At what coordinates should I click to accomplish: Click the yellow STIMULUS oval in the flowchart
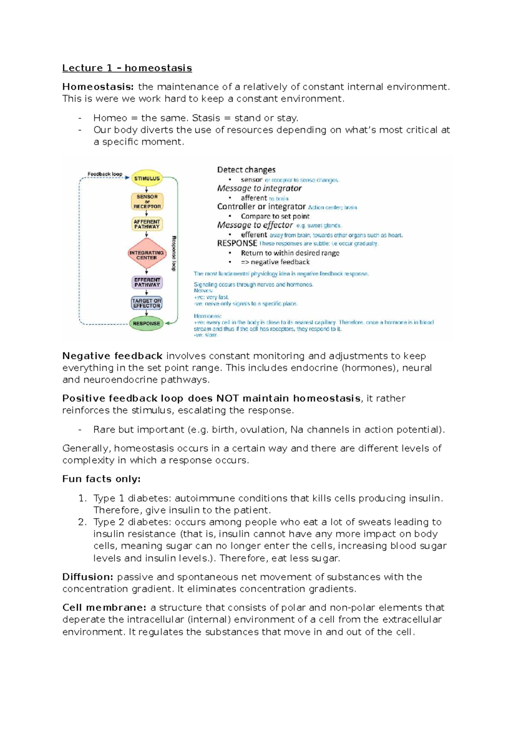click(147, 178)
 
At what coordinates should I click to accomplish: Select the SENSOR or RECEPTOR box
click(147, 201)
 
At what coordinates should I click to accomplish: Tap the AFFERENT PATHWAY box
click(147, 224)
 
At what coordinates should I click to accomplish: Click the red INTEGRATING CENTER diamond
click(147, 255)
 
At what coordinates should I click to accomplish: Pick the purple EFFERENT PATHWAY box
click(147, 282)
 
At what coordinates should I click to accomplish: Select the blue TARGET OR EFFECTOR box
click(147, 303)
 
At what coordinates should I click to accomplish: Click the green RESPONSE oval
click(147, 323)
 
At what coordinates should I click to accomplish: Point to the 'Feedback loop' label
click(105, 174)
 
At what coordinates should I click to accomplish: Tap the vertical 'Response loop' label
click(174, 253)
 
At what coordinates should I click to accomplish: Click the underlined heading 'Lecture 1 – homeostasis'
click(127, 68)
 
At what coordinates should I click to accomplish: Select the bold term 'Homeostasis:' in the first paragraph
click(98, 87)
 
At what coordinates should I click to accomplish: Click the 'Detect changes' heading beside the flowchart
click(246, 170)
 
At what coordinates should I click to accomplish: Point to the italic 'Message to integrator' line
click(259, 188)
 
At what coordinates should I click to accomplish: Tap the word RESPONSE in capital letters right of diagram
click(237, 243)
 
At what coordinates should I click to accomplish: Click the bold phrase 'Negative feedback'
click(112, 356)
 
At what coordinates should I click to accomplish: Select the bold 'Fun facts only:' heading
click(101, 479)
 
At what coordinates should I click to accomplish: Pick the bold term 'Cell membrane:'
click(104, 608)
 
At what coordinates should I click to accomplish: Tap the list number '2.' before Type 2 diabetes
click(83, 522)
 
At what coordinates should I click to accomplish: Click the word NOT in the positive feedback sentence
click(227, 398)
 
